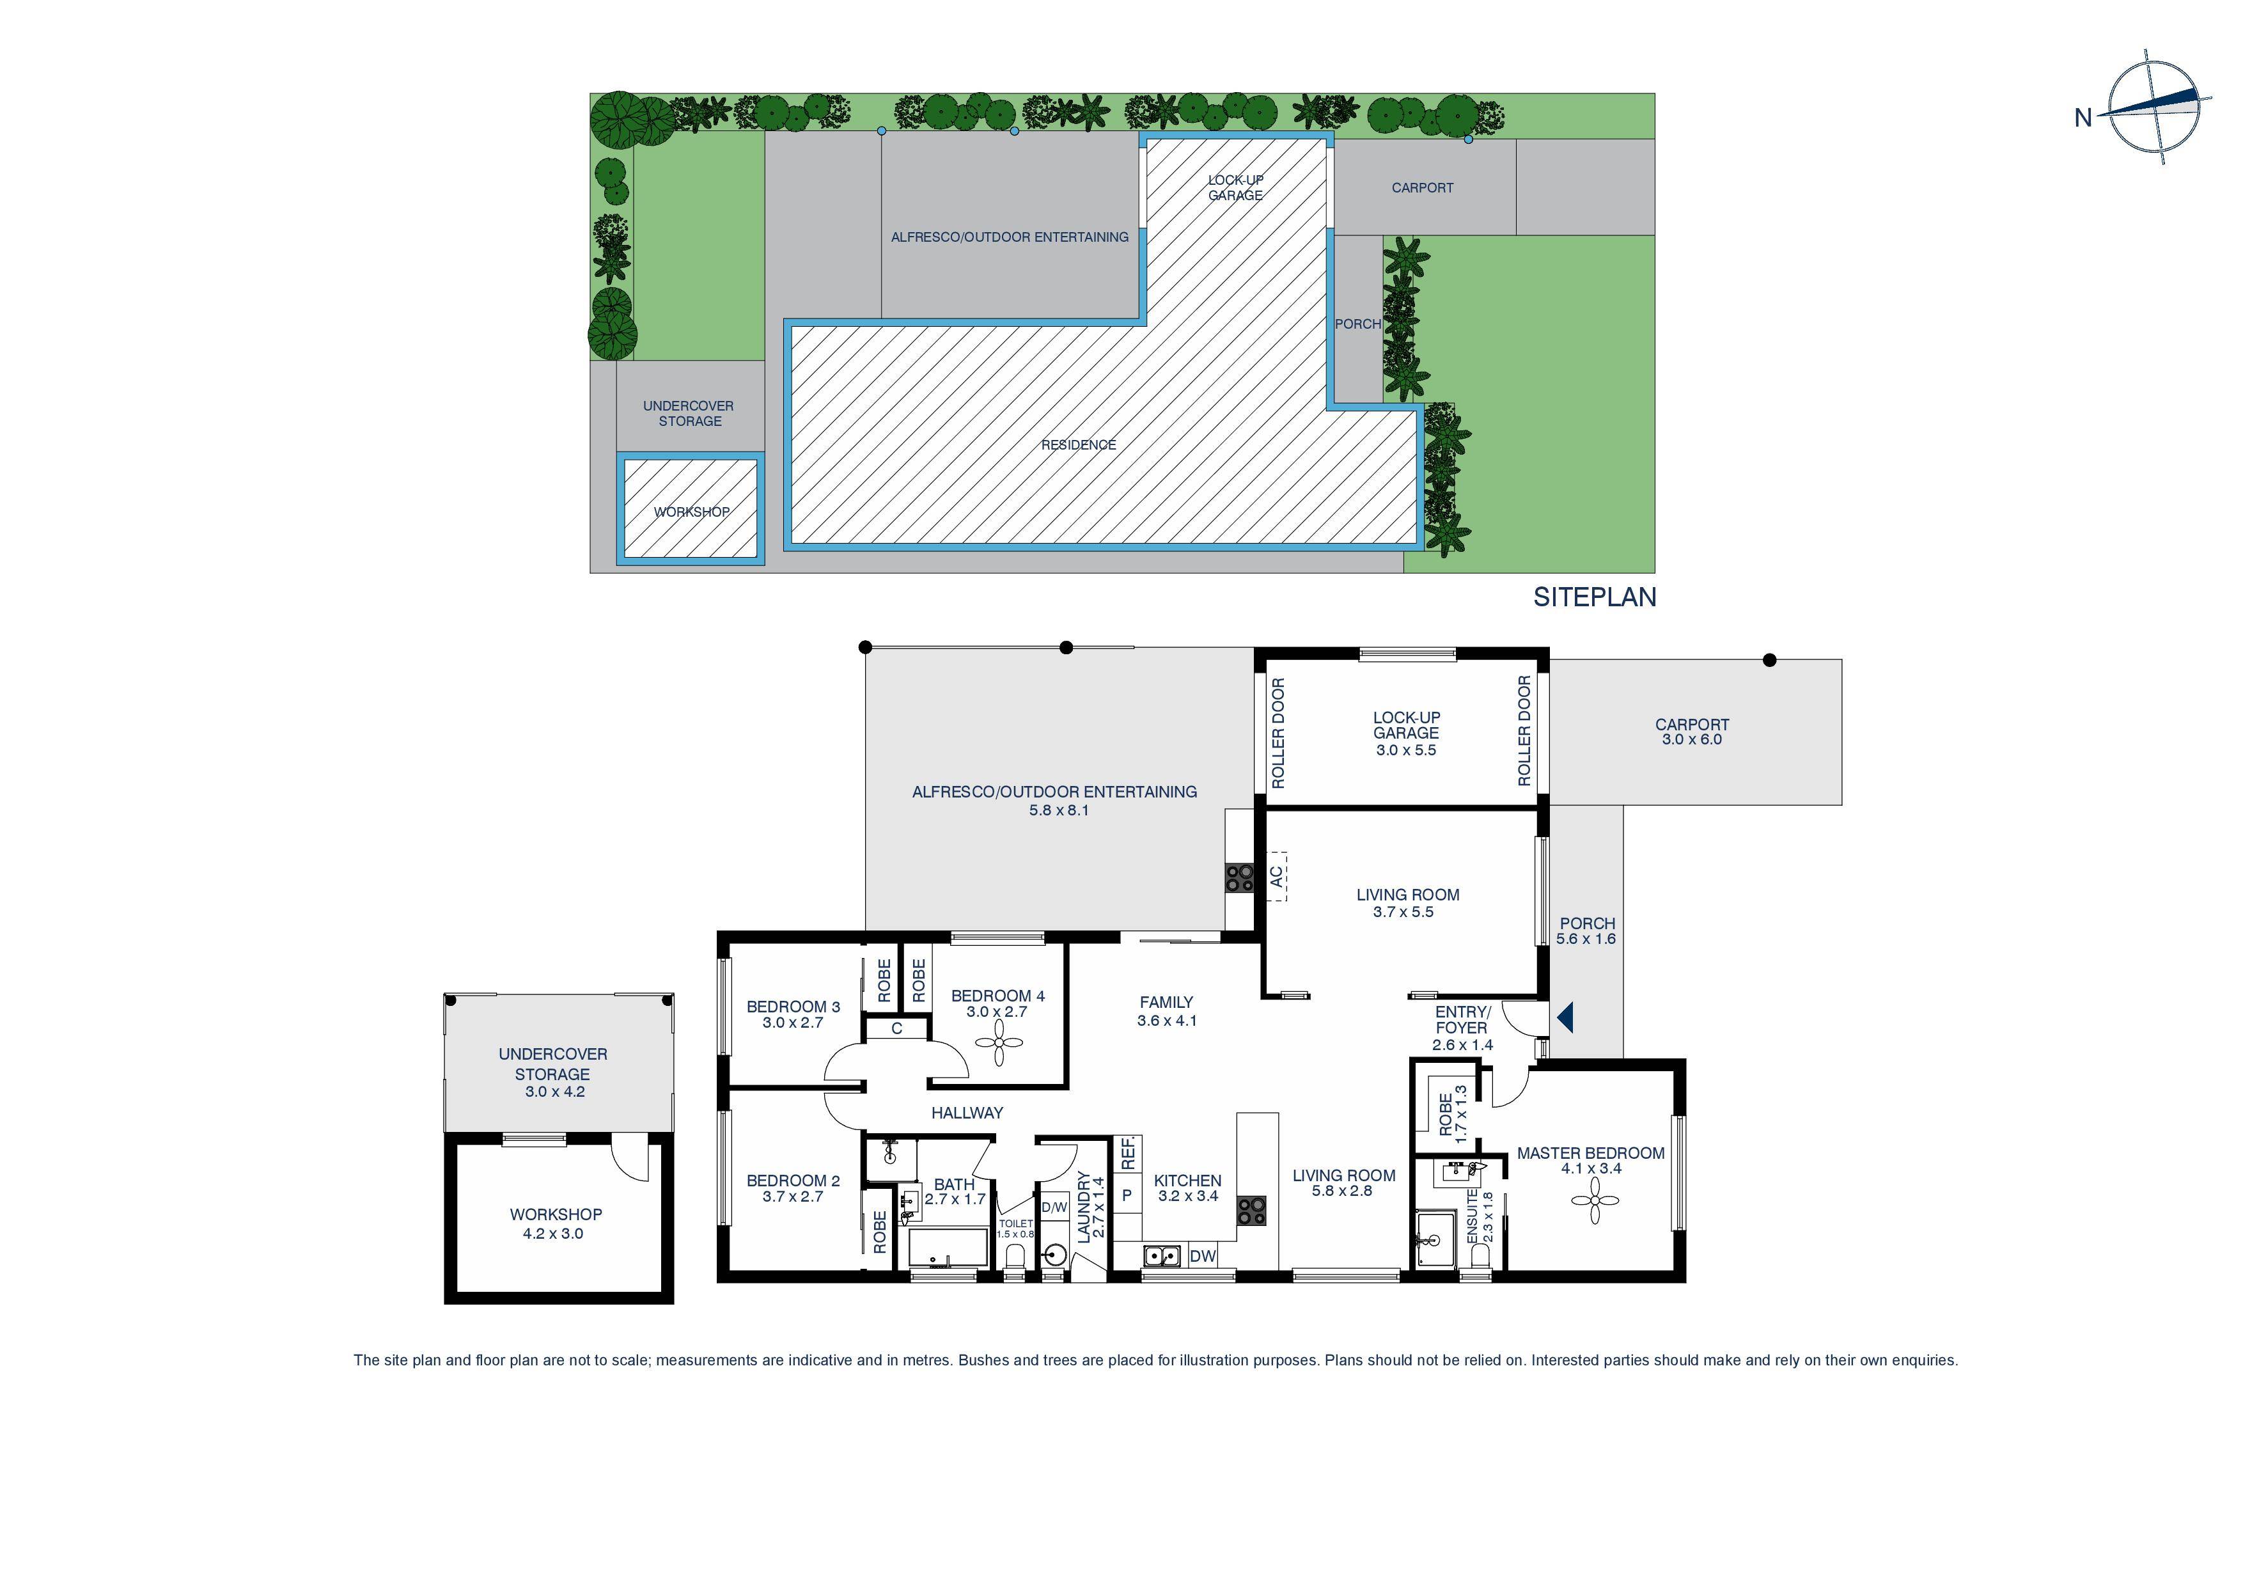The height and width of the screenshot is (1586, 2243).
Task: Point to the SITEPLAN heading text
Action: coord(1594,597)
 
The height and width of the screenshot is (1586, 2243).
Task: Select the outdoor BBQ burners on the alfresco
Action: coord(1240,877)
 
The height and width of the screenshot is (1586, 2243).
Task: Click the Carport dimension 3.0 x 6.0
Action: coord(1692,740)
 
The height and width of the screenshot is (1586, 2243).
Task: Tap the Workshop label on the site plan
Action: coord(692,512)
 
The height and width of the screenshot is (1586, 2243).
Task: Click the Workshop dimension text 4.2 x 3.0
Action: coord(553,1234)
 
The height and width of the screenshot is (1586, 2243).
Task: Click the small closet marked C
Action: coord(896,1029)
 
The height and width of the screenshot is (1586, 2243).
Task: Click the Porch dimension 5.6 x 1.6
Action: coord(1586,939)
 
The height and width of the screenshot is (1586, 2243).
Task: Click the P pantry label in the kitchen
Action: coord(1127,1195)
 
